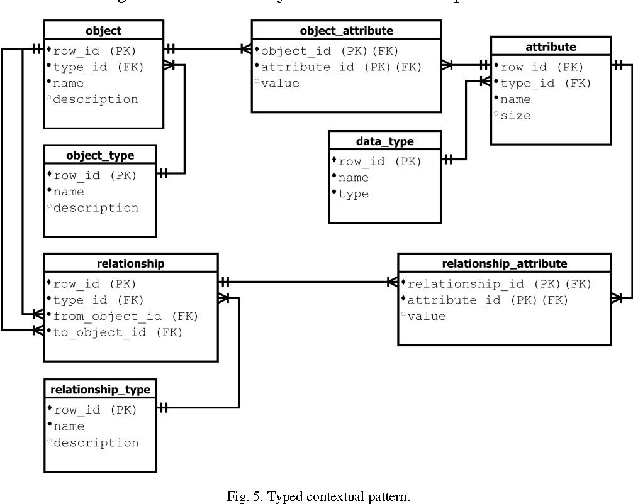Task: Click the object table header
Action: pyautogui.click(x=103, y=30)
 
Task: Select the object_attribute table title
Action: pyautogui.click(x=346, y=30)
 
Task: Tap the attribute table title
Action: pyautogui.click(x=550, y=46)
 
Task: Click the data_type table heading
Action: pyautogui.click(x=384, y=141)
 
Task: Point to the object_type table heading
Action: pyautogui.click(x=100, y=155)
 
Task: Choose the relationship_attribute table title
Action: pyautogui.click(x=504, y=263)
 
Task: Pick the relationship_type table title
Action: pyautogui.click(x=100, y=390)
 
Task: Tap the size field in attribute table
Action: pyautogui.click(x=515, y=116)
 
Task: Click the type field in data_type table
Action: pyautogui.click(x=354, y=194)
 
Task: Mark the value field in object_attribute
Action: pyautogui.click(x=280, y=84)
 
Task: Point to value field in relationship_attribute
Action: pyautogui.click(x=427, y=316)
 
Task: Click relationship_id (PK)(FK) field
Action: pyautogui.click(x=500, y=284)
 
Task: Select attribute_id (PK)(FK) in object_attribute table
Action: pyautogui.click(x=341, y=67)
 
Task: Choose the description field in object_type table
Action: pyautogui.click(x=96, y=208)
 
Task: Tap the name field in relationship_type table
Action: pyautogui.click(x=69, y=427)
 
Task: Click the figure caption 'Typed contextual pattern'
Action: pyautogui.click(x=318, y=496)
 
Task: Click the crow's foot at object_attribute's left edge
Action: pyautogui.click(x=245, y=48)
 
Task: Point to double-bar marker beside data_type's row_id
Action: pyautogui.click(x=448, y=160)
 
